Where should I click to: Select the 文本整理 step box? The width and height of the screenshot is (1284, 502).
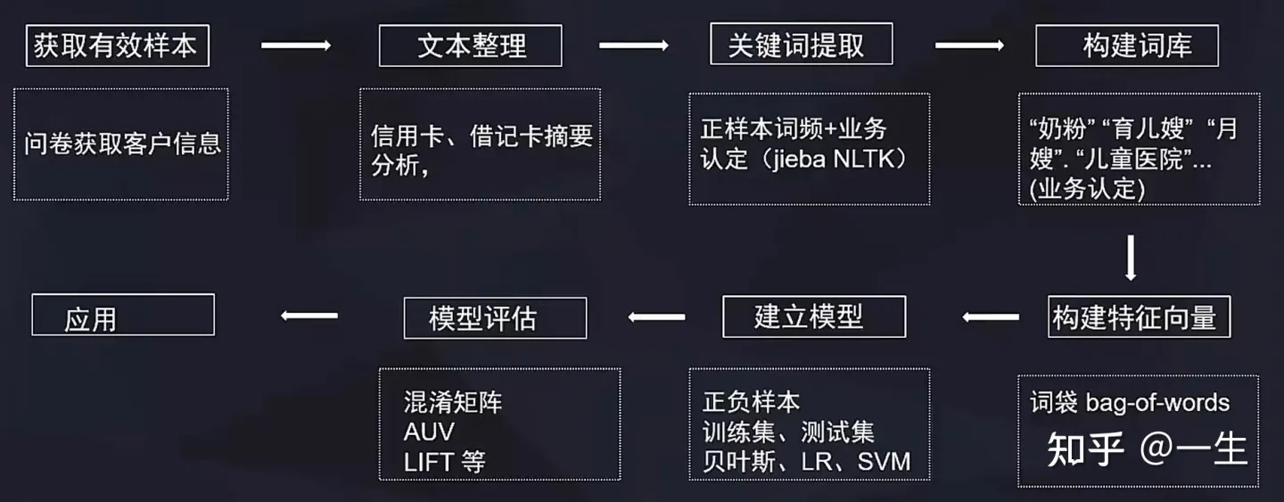[470, 45]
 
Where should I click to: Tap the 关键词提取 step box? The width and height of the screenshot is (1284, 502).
[801, 44]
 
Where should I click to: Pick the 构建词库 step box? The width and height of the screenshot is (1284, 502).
[1126, 45]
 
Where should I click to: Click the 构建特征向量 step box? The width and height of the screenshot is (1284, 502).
[1139, 317]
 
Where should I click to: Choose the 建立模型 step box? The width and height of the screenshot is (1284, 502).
[814, 317]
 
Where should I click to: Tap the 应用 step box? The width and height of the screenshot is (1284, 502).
[123, 316]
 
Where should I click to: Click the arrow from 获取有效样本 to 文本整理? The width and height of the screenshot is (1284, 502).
[295, 45]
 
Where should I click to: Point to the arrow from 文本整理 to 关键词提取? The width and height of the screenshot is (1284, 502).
[634, 45]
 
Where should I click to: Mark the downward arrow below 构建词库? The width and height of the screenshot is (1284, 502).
[1131, 258]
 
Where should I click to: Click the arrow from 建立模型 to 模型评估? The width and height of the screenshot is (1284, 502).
[656, 317]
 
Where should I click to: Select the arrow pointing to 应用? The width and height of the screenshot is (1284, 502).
[309, 315]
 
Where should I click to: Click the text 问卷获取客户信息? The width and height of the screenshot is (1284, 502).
[122, 143]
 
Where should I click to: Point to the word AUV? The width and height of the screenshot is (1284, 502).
[429, 432]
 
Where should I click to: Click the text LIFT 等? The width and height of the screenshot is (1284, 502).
[444, 462]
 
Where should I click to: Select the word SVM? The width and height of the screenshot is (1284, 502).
[884, 462]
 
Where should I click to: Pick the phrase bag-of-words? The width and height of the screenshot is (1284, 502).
[1157, 402]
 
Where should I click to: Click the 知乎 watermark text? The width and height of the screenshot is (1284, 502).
[1085, 450]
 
